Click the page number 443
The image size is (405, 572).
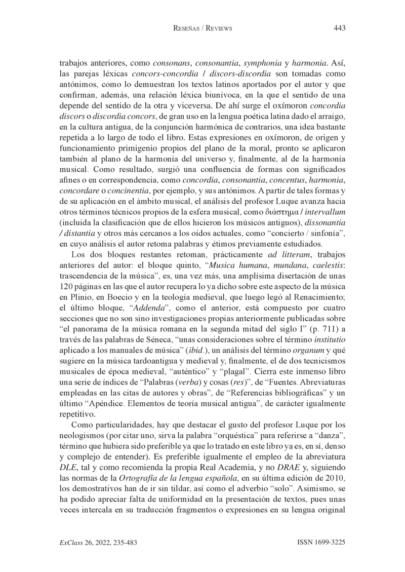(x=340, y=28)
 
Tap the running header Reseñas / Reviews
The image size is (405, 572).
(x=202, y=29)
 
